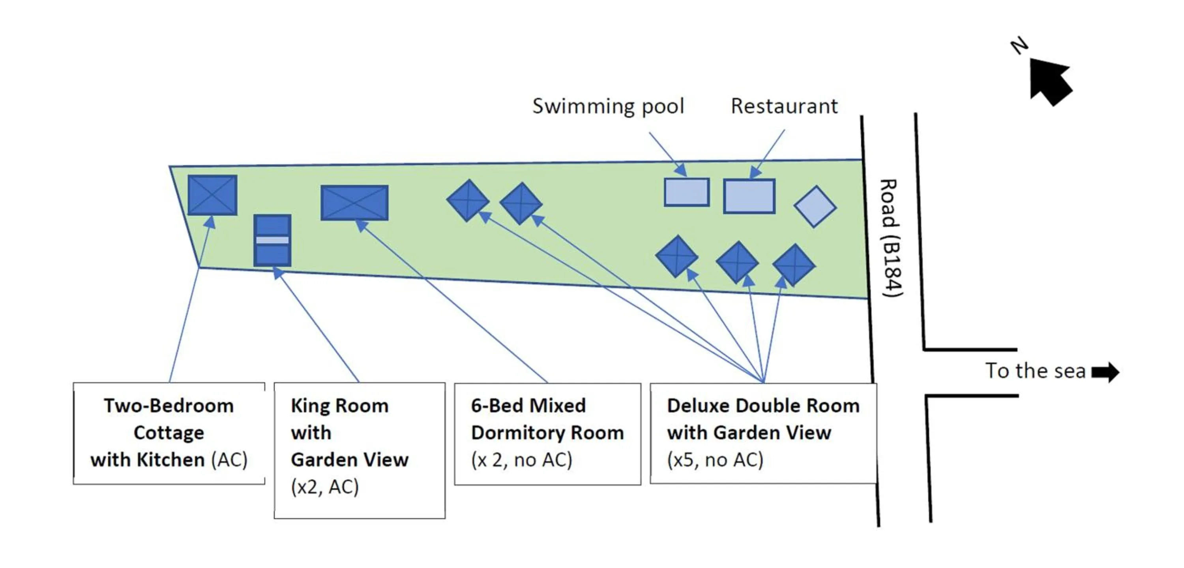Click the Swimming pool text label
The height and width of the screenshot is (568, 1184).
[608, 106]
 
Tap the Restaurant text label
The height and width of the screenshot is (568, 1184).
[784, 106]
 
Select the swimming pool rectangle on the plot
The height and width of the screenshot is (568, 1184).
[686, 192]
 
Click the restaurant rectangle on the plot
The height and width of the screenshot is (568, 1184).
[749, 196]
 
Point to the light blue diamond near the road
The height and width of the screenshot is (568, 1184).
[815, 207]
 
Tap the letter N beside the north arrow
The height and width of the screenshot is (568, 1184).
[1019, 45]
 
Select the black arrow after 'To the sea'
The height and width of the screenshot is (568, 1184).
[1105, 372]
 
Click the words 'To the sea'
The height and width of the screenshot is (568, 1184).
[1035, 371]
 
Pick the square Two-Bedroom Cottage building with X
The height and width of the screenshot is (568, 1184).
[212, 195]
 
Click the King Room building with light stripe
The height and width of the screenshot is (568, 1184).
[272, 240]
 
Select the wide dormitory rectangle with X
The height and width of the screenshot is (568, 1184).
[354, 203]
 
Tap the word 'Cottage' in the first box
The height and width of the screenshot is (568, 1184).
[169, 433]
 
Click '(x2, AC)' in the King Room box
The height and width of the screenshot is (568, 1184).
[324, 487]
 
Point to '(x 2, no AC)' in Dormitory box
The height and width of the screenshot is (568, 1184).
[521, 460]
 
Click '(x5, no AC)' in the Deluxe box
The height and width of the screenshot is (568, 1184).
[715, 460]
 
